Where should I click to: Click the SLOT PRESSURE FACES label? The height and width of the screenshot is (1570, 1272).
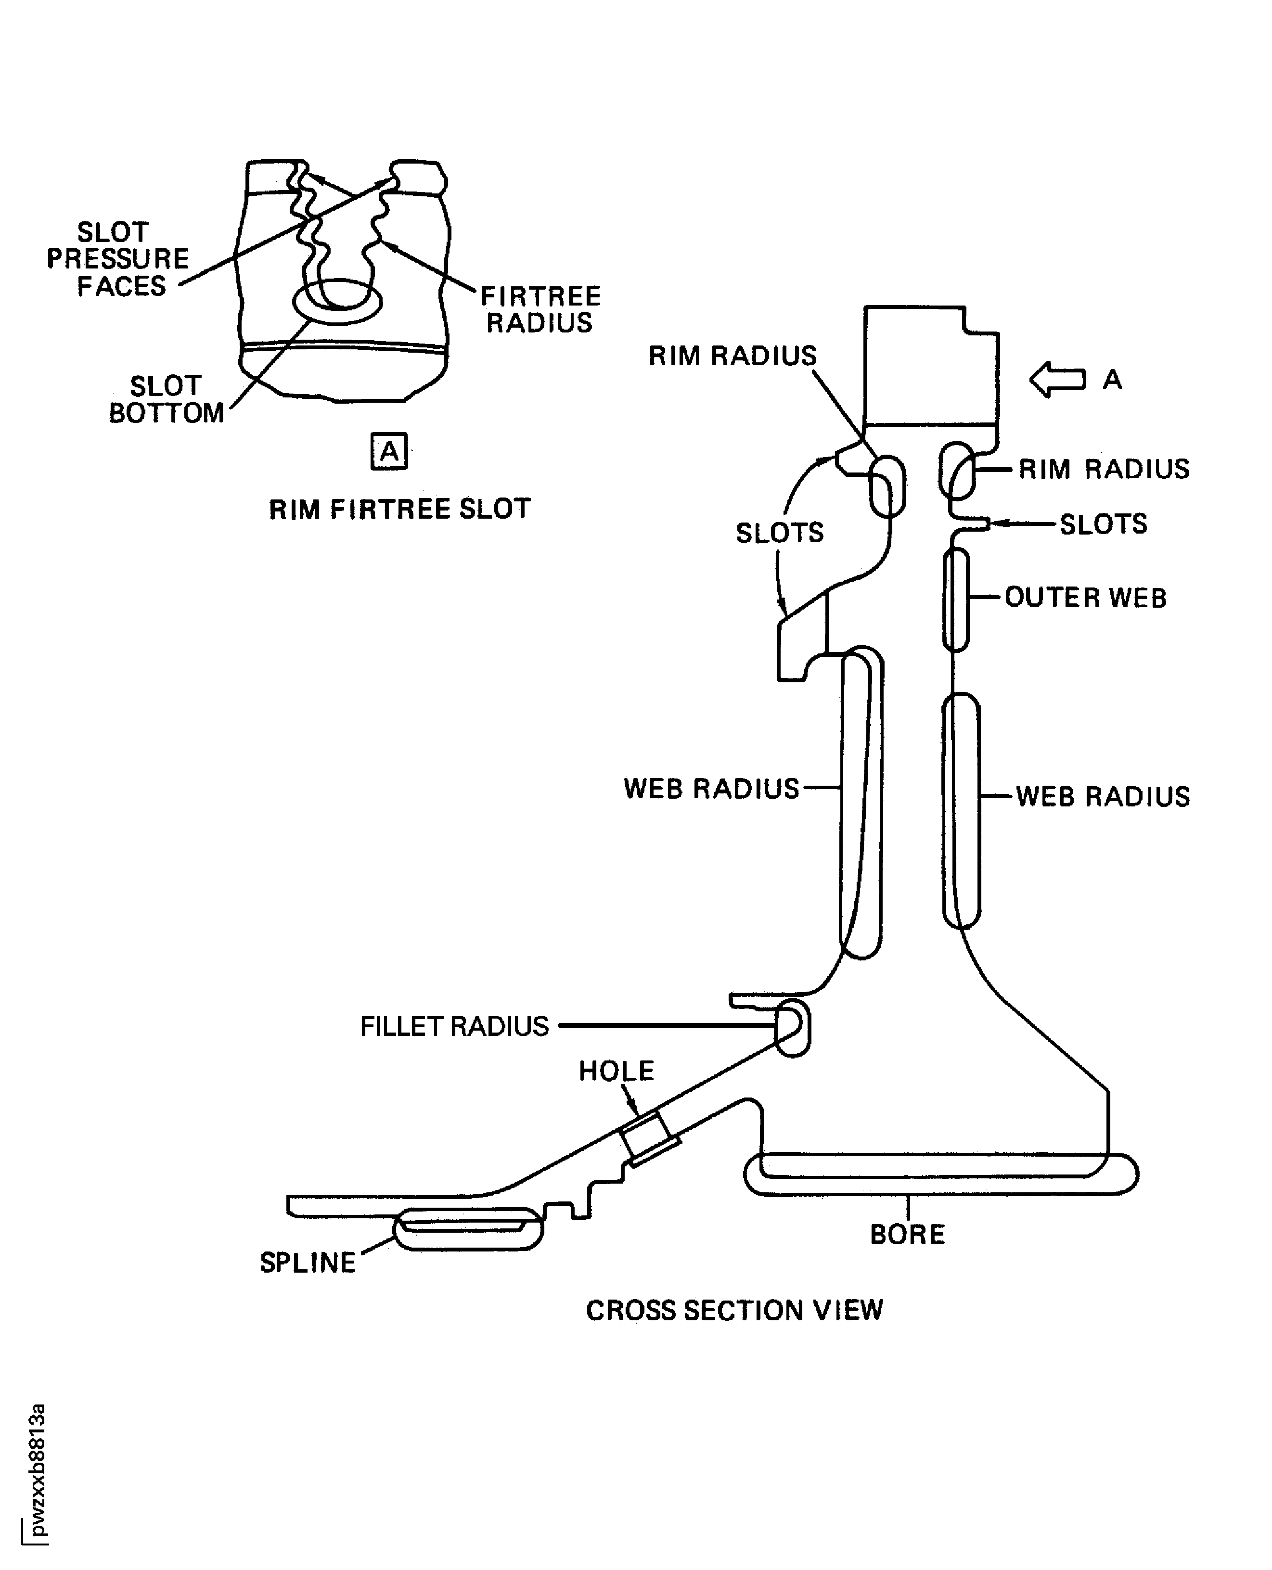[118, 259]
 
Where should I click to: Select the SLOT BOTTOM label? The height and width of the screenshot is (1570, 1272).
[167, 399]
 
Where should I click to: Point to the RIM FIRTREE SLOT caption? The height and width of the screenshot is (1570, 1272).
[399, 509]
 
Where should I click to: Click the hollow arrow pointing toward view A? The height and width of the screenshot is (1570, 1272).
[1056, 380]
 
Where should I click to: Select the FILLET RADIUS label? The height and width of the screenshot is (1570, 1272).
[454, 1026]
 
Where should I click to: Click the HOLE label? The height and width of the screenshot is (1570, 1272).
[616, 1071]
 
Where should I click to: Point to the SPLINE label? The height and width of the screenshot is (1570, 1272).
[308, 1262]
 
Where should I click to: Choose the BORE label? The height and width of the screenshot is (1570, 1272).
[907, 1235]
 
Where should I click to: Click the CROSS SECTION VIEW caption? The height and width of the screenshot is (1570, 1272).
[734, 1310]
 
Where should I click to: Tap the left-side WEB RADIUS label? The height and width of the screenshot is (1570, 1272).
[711, 788]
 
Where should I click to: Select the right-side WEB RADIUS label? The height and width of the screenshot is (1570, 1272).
[1103, 796]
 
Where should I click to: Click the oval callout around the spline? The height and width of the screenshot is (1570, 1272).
[468, 1228]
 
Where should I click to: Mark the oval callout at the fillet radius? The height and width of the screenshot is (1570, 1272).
[793, 1027]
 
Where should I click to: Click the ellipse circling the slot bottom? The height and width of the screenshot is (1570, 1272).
[337, 301]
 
